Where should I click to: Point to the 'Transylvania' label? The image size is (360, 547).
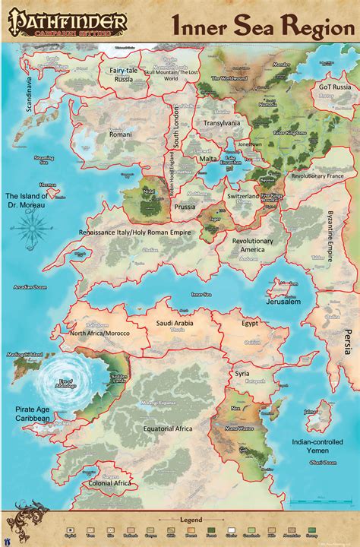[221, 122]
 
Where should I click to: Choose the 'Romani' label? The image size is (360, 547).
[121, 134]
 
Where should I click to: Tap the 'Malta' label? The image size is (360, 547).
[204, 160]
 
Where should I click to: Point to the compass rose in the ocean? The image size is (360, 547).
[29, 232]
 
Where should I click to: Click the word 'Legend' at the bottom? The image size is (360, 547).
[179, 518]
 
